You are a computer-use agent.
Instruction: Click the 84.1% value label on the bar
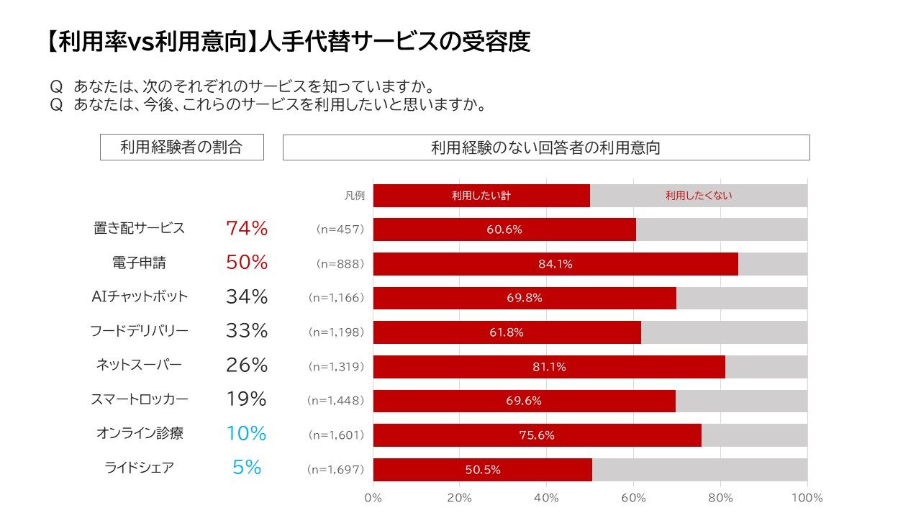(555, 264)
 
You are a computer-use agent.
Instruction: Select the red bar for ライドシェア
(482, 470)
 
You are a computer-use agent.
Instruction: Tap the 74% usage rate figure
(247, 229)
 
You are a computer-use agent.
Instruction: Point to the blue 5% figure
(247, 468)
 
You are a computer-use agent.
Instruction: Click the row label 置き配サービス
(139, 228)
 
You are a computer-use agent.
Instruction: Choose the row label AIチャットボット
(139, 296)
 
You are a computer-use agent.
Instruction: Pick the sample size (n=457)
(340, 229)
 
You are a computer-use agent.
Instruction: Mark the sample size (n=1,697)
(335, 470)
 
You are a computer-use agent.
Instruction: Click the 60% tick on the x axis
(634, 498)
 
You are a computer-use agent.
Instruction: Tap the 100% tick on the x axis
(807, 498)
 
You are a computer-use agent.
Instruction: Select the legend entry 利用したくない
(698, 195)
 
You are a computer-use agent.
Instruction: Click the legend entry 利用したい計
(481, 195)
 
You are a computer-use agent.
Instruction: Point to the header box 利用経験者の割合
(181, 147)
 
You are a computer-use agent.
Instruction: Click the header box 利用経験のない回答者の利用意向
(545, 147)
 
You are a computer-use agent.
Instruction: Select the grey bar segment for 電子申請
(773, 264)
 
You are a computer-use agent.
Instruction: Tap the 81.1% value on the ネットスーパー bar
(549, 367)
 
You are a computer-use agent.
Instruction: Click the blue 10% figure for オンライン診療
(247, 434)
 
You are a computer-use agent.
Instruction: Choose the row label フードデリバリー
(139, 331)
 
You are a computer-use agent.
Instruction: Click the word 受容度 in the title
(496, 42)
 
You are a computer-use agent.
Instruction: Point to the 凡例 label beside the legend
(354, 195)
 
